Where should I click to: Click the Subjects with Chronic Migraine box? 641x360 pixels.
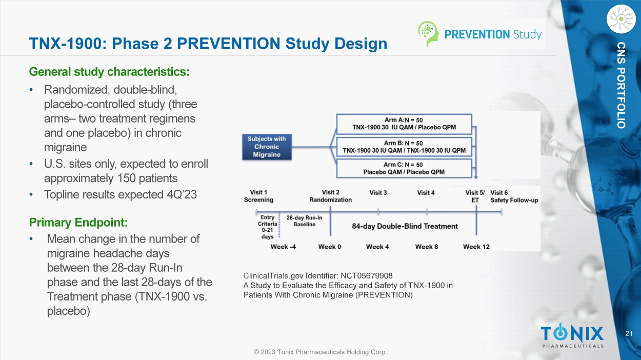point(267,147)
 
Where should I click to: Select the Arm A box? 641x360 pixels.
point(404,124)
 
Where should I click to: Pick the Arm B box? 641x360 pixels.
point(404,147)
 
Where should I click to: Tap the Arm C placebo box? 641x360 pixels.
point(404,169)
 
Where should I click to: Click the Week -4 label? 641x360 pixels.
point(283,247)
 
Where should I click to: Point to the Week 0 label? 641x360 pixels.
point(330,247)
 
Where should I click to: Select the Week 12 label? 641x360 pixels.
point(476,247)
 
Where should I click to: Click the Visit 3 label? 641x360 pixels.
point(378,193)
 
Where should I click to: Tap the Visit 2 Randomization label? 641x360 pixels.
point(331,196)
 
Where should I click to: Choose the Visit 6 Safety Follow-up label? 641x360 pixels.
point(514,196)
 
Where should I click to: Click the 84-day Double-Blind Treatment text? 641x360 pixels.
point(405,226)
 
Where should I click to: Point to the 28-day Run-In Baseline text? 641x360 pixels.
point(304,221)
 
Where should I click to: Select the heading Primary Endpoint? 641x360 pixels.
point(78,223)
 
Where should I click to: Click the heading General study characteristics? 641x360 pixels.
point(109,72)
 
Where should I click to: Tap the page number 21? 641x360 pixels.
point(629,333)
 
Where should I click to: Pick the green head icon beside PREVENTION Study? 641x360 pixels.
point(428,33)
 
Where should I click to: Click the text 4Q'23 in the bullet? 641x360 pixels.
point(182,194)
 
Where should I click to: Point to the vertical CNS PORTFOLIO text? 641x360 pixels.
point(621,85)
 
